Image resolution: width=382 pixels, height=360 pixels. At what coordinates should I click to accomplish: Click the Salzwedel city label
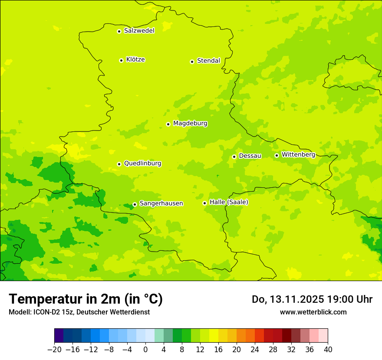139,31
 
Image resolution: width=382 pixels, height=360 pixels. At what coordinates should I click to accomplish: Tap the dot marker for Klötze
121,60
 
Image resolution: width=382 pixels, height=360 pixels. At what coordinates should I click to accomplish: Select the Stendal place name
208,61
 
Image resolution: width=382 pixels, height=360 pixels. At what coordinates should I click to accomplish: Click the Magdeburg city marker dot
168,124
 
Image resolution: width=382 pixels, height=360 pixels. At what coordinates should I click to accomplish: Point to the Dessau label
250,156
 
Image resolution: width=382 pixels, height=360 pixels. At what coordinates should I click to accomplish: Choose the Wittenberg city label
298,154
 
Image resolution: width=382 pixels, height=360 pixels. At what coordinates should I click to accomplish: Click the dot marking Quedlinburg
119,164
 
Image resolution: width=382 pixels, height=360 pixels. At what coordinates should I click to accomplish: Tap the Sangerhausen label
161,203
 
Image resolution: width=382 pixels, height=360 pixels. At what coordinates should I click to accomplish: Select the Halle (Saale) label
229,202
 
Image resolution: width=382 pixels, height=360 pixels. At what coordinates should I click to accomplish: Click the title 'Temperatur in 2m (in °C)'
86,299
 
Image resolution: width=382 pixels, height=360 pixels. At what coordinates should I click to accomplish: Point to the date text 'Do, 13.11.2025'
288,299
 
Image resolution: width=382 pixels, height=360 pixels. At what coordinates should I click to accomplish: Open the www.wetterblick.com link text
313,312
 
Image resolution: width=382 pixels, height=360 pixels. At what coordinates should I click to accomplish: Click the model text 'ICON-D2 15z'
48,312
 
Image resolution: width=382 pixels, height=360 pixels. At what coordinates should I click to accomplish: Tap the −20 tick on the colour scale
54,349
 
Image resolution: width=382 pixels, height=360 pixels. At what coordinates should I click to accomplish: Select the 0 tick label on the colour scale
145,349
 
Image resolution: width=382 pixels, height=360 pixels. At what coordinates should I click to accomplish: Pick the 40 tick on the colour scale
328,349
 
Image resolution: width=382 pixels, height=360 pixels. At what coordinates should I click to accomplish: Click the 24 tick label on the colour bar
255,349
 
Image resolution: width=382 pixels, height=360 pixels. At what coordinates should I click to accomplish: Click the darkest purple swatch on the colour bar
59,336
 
